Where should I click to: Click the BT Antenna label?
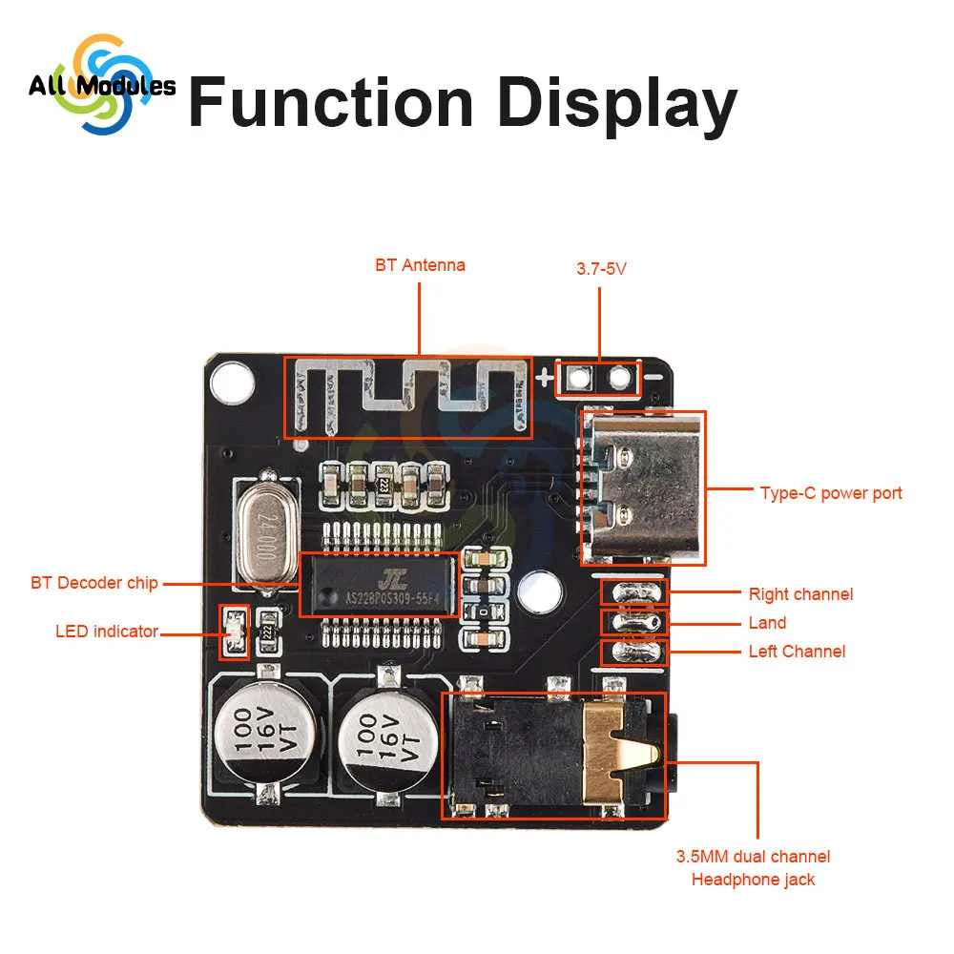click(x=420, y=265)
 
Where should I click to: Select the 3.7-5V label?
click(x=601, y=269)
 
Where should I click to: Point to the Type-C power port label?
click(x=831, y=493)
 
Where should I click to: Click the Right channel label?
click(x=800, y=594)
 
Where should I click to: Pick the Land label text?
click(x=767, y=623)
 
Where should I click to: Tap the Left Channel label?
click(x=797, y=652)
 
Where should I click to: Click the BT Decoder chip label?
click(x=94, y=582)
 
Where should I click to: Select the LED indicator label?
click(x=107, y=631)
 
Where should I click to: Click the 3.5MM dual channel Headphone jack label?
click(x=753, y=867)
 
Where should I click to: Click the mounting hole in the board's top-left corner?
click(x=230, y=383)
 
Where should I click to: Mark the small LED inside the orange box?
click(x=234, y=632)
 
